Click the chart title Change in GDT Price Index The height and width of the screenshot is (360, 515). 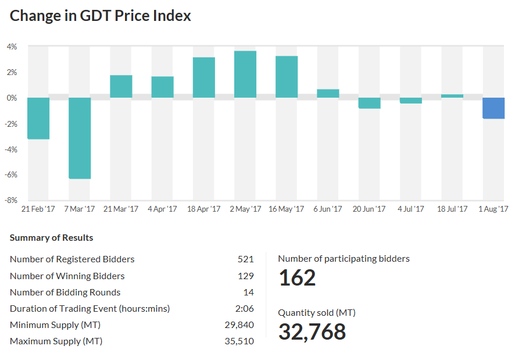(101, 16)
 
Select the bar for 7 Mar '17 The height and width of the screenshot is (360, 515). (80, 138)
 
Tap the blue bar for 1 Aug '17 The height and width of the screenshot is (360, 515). (493, 108)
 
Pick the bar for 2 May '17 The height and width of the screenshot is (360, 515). (245, 74)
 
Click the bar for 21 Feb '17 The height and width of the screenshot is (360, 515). (38, 118)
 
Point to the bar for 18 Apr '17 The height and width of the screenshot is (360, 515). (204, 77)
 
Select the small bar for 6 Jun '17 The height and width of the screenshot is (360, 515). (328, 94)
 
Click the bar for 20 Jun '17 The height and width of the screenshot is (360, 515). (369, 103)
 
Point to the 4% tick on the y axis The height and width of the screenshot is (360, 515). (12, 47)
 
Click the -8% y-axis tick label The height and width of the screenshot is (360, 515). (12, 200)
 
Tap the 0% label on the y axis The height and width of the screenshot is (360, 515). (12, 98)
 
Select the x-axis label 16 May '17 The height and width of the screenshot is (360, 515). (286, 209)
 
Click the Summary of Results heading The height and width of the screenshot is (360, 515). (51, 238)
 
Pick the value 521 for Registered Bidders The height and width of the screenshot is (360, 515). (245, 259)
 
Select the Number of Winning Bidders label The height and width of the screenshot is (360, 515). (67, 276)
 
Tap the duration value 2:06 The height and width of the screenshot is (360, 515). (244, 309)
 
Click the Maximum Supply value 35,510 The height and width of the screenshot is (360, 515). (239, 341)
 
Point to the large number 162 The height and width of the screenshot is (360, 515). (297, 278)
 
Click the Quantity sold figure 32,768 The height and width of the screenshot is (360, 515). (312, 332)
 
